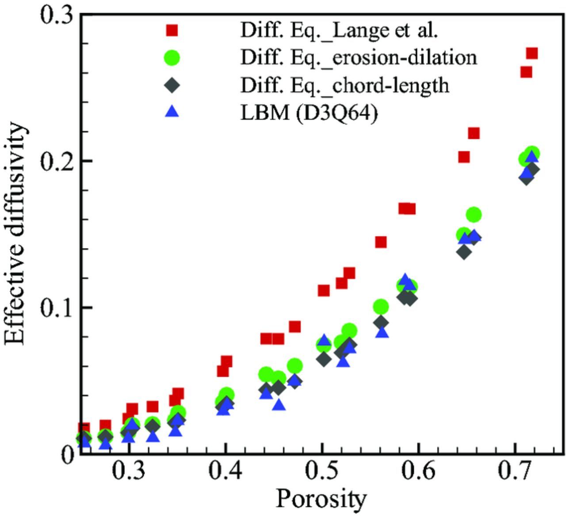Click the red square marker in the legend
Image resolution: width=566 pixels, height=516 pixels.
pos(172,30)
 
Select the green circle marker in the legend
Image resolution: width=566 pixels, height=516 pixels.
pos(172,57)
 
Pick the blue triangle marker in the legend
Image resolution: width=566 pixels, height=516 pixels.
pos(172,112)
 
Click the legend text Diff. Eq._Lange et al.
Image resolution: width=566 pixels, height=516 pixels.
pos(339,30)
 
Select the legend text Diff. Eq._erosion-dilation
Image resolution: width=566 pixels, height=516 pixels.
pos(359,57)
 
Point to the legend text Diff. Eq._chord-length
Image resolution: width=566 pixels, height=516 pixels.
pos(344,85)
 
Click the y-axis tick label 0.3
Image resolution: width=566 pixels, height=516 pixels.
pos(57,15)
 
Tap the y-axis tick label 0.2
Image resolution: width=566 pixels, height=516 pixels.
pos(57,161)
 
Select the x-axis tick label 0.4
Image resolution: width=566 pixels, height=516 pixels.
pos(226,472)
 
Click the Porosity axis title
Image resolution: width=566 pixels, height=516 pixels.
pos(321,499)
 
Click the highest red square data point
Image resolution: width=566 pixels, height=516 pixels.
pos(532,54)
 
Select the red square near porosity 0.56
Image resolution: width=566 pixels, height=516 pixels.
pos(381,242)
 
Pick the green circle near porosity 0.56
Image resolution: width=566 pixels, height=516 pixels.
pos(381,306)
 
